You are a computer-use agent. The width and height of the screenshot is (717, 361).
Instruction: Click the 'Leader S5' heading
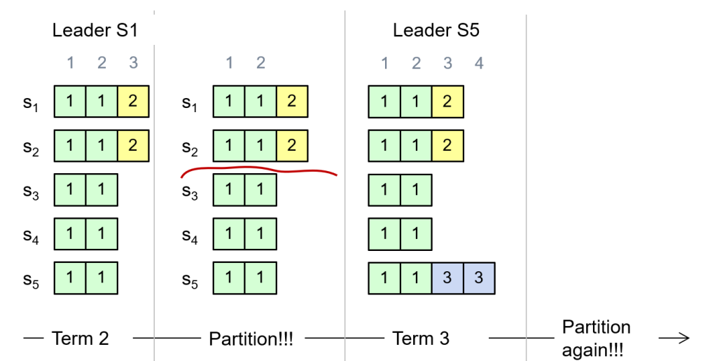coord(436,31)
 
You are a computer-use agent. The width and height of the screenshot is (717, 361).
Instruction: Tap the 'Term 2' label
coord(80,339)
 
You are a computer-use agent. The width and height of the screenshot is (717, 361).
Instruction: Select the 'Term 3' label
coord(421,339)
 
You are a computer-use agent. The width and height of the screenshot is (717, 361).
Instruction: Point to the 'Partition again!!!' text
coord(595,339)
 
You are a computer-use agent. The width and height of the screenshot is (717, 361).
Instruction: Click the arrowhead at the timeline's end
coord(683,339)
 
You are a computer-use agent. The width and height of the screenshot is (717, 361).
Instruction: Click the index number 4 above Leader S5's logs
coord(479,64)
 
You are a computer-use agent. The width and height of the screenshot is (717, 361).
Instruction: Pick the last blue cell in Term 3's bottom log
coord(479,278)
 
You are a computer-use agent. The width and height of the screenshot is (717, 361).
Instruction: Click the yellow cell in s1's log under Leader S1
coord(133,102)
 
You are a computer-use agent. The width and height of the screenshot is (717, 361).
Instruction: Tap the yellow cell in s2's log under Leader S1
coord(133,147)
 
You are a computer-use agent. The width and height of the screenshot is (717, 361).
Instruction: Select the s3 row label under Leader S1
coord(30,191)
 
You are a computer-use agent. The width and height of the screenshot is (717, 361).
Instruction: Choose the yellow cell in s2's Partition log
coord(292,147)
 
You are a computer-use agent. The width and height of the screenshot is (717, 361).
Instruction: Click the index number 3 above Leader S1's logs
coord(133,64)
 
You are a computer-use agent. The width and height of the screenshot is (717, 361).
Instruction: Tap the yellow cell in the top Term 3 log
coord(447,102)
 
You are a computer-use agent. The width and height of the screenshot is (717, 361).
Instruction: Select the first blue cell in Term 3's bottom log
coord(447,278)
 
